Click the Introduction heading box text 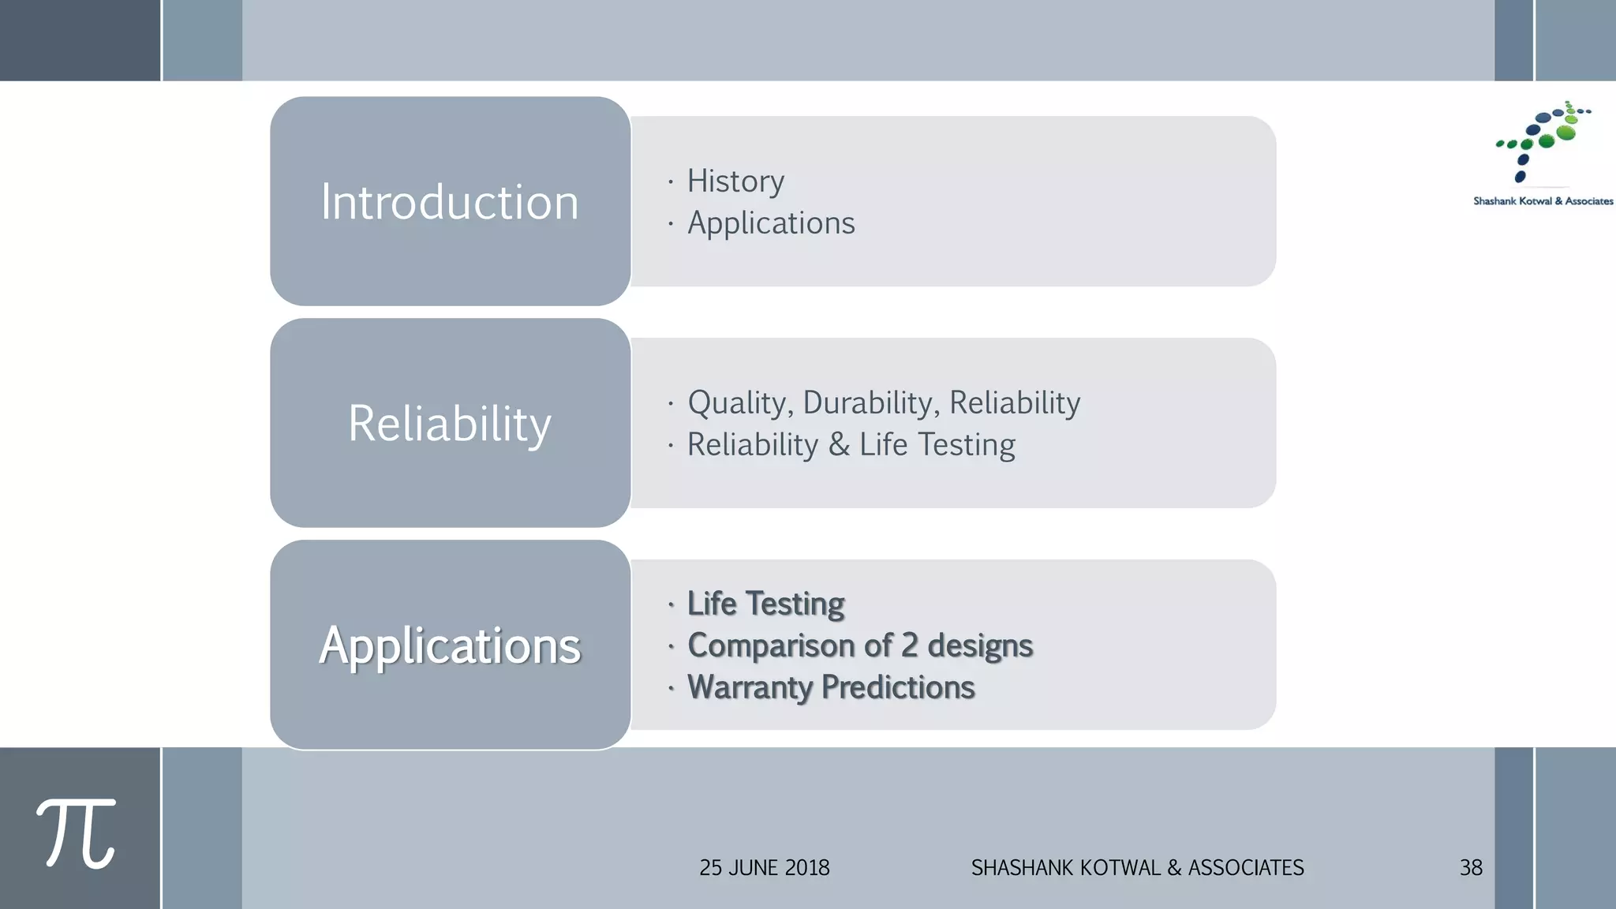pos(449,202)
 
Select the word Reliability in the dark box pos(449,424)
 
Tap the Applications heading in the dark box pos(449,645)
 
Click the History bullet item pos(735,181)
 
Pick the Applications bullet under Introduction pos(771,223)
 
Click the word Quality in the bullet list pos(739,403)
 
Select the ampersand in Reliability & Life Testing pos(839,445)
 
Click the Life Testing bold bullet pos(765,604)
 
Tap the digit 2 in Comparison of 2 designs pos(909,645)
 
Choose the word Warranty pos(749,687)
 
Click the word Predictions pos(898,687)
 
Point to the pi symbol pos(77,833)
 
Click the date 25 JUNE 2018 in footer pos(764,868)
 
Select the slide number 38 pos(1471,868)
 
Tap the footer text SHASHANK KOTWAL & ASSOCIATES pos(1137,868)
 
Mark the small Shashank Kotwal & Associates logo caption pos(1543,201)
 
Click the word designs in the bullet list pos(979,645)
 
